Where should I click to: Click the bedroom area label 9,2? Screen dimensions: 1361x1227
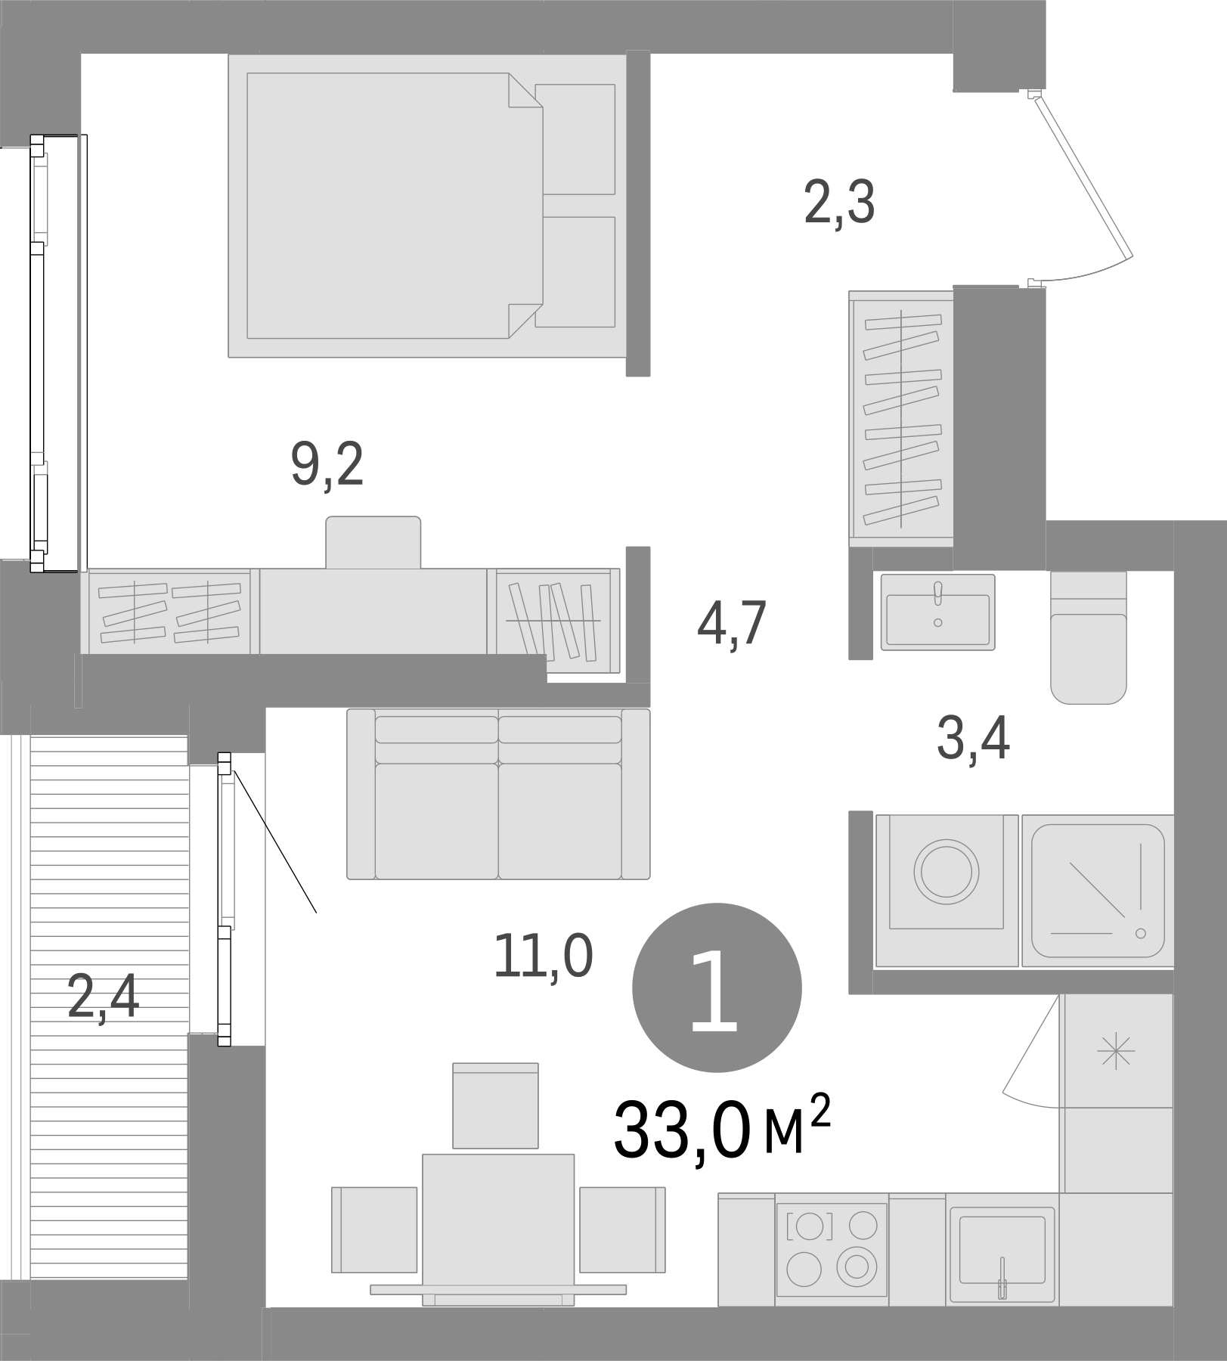point(327,466)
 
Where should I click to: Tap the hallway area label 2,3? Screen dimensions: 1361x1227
point(839,203)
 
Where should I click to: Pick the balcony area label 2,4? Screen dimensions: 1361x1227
point(103,996)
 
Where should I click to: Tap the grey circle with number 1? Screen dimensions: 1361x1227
point(716,987)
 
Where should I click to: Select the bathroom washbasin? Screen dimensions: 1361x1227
point(937,612)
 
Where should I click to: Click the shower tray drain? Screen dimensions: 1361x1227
point(1141,933)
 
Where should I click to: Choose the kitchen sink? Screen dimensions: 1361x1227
point(1002,1249)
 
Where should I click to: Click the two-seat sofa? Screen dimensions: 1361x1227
point(498,794)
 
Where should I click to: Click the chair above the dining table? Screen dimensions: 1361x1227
point(495,1105)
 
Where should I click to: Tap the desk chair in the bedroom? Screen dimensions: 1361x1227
point(373,542)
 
